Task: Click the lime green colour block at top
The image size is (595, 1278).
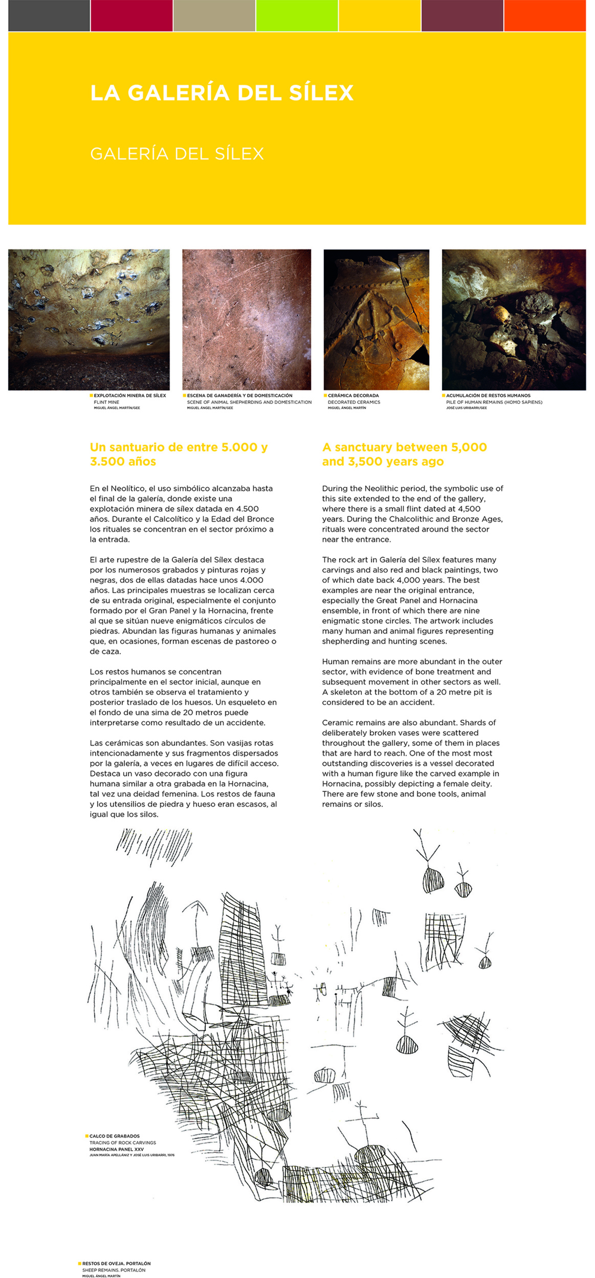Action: [297, 15]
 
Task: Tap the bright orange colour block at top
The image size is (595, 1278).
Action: [544, 15]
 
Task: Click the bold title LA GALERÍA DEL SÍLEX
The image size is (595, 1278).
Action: [221, 93]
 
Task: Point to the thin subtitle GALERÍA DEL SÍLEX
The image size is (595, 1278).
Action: [177, 154]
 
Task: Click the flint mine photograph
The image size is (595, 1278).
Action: [89, 319]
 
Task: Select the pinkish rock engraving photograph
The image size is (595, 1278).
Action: [247, 319]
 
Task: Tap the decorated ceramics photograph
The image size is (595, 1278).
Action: [376, 319]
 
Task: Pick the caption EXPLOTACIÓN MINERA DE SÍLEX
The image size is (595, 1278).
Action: [130, 395]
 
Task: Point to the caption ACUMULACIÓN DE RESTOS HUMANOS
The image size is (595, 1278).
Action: [488, 395]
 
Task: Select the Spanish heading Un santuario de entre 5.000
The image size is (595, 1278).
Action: [178, 447]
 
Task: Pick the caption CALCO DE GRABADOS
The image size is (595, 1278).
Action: [114, 1136]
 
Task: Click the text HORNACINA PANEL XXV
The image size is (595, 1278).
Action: [117, 1149]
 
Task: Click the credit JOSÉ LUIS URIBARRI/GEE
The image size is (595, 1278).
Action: [466, 408]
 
